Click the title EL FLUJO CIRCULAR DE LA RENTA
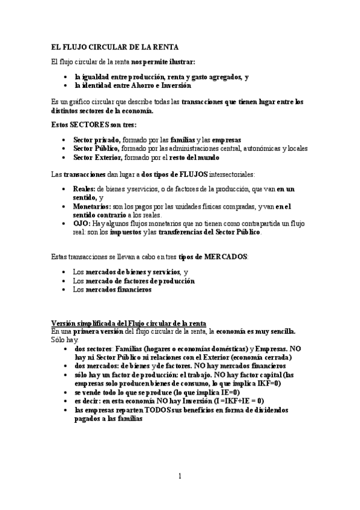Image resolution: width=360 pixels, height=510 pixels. tap(115, 47)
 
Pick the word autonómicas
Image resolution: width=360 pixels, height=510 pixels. tap(259, 148)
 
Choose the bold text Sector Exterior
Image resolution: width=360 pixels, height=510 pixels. tap(97, 157)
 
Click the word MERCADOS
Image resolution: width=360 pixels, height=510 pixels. tap(226, 257)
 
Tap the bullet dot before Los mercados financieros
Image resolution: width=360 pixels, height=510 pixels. tap(65, 289)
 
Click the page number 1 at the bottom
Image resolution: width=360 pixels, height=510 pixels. tap(179, 477)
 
